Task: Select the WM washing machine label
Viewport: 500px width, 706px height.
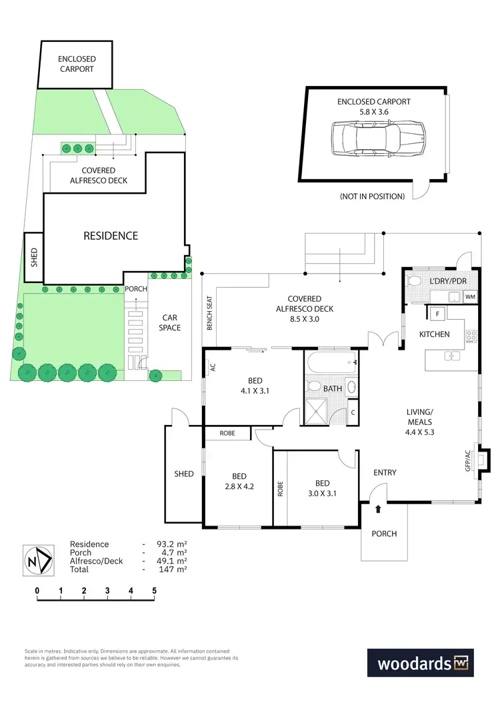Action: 471,296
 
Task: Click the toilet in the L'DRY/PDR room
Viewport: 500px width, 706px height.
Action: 413,280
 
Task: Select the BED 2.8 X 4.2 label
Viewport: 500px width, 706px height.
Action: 239,481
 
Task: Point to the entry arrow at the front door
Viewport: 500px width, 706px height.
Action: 379,510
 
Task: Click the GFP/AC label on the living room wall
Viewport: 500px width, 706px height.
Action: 468,460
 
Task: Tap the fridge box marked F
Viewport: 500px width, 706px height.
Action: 437,313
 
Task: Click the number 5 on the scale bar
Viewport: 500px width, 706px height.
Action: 154,590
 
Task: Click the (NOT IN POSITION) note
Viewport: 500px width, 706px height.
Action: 372,196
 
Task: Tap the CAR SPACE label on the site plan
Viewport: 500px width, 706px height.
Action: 169,323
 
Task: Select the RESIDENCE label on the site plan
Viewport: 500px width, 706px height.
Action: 111,236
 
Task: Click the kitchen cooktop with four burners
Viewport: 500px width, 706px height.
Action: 471,336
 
